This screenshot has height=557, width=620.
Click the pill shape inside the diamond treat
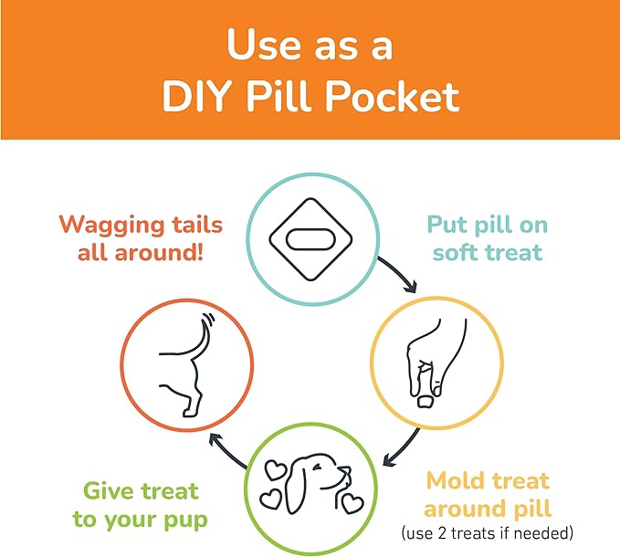pos(310,239)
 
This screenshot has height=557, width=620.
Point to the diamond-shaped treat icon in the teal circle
pos(310,239)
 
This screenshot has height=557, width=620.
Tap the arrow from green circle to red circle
pos(226,450)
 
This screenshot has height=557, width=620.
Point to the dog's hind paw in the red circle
pos(189,412)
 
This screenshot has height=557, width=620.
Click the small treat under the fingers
pos(426,402)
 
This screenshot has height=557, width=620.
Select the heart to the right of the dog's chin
pos(352,504)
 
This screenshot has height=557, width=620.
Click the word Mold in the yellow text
pos(455,481)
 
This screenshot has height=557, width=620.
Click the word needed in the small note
pos(543,533)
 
